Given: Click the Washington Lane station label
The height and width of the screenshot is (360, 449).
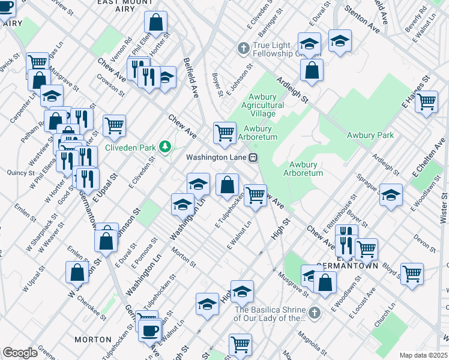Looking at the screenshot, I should coord(217,158).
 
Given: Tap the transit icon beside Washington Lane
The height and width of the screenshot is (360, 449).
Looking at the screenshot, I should coord(254,158).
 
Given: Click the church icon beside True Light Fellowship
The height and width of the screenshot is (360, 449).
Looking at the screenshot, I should coord(244,47).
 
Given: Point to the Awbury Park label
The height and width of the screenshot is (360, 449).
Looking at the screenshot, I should coord(370,135).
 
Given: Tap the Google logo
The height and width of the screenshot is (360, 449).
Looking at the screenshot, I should coord(20,352).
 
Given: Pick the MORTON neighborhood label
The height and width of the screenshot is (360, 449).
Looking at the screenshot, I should coord(93,340).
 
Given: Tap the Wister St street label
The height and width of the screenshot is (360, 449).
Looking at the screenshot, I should coord(444,205).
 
